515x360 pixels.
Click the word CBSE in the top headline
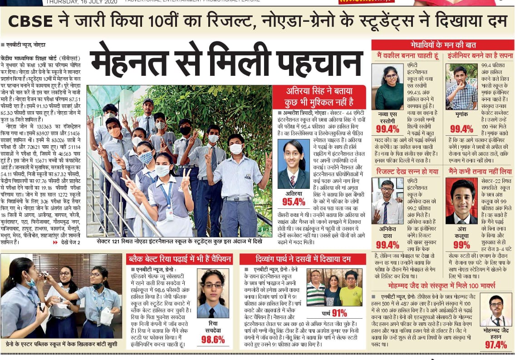[30, 21]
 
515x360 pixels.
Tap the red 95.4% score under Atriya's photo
[294, 202]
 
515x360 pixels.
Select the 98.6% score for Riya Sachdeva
[212, 339]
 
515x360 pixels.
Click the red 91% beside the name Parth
[339, 313]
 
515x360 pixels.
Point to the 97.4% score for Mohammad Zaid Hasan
[495, 345]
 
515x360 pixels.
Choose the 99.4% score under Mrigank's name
[461, 129]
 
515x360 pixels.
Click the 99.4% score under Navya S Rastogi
[387, 129]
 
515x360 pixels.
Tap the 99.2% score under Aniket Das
[387, 245]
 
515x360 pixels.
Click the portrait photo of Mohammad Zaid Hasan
[495, 310]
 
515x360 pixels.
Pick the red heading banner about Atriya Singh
[319, 97]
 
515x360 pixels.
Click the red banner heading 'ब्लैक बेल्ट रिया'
[179, 259]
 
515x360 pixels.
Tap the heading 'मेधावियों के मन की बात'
[443, 45]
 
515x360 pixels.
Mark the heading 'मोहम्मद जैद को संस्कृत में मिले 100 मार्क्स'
[442, 286]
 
